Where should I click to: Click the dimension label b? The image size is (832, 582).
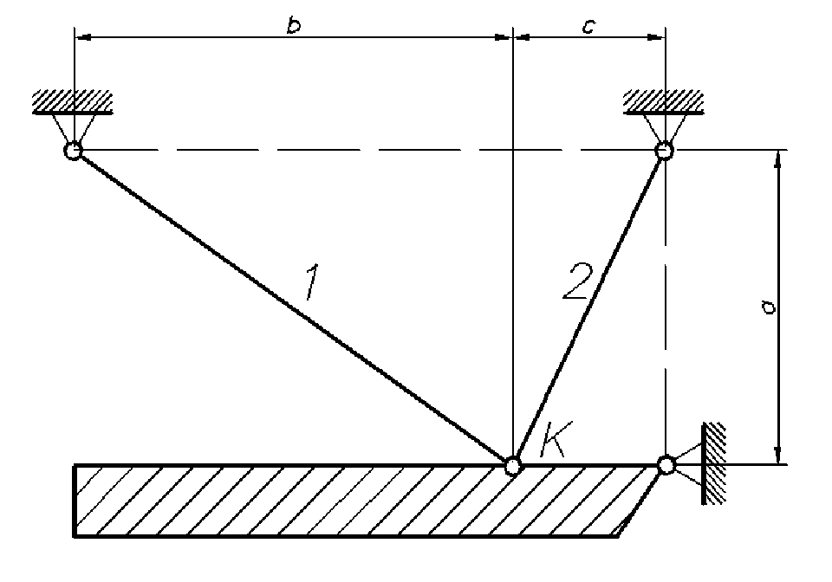(294, 25)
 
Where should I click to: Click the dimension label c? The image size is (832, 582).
(588, 26)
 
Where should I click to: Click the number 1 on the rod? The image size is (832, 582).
(315, 283)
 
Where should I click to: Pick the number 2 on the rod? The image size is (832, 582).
(575, 281)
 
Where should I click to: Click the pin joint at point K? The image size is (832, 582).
(513, 466)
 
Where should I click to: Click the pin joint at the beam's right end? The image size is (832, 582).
(665, 466)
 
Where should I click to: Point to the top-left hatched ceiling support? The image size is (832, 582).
(73, 102)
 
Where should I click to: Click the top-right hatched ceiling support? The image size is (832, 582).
(664, 102)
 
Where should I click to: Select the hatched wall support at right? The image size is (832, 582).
(713, 464)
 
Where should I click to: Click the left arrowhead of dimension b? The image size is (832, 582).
(81, 37)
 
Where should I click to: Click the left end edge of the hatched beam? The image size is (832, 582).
(75, 502)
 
